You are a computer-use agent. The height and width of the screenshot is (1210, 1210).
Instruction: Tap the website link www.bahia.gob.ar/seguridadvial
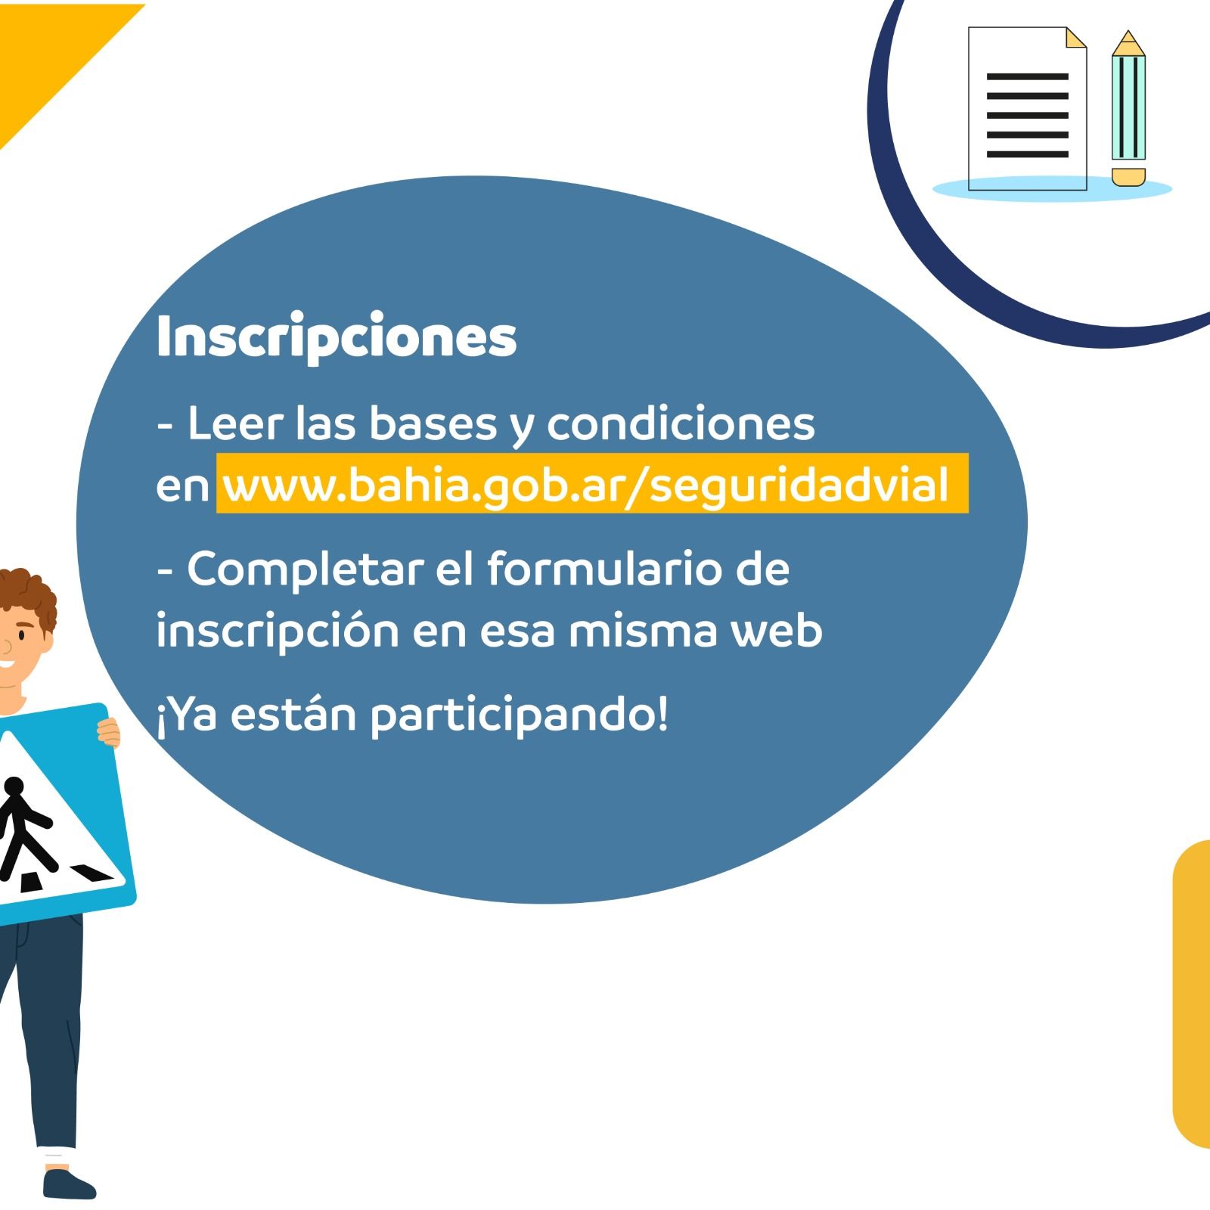point(586,484)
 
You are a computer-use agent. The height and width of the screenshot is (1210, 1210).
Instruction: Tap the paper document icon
point(1028,108)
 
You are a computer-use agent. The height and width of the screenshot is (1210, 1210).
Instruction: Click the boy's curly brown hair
point(26,594)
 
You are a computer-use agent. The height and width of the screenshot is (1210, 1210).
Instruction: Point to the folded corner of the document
point(1075,38)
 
